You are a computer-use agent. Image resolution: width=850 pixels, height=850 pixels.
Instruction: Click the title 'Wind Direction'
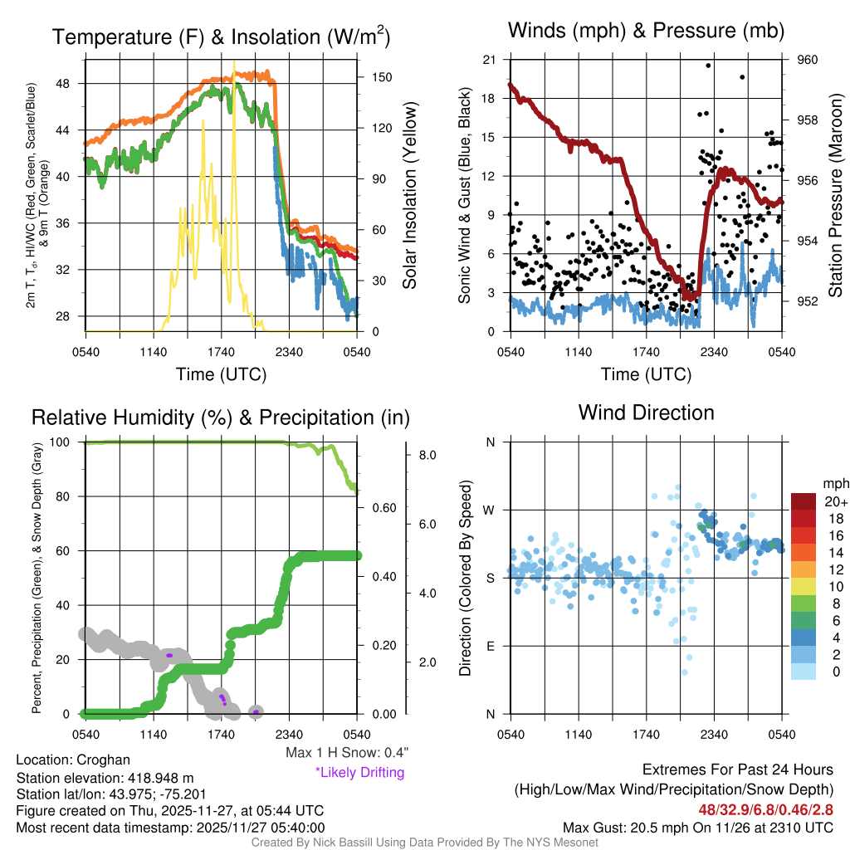(646, 413)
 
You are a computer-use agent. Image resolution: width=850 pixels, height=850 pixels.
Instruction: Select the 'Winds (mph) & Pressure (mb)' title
(646, 32)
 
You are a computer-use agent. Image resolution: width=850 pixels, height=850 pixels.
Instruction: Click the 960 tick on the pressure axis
(808, 60)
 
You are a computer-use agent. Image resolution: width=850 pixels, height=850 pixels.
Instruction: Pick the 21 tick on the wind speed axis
(489, 60)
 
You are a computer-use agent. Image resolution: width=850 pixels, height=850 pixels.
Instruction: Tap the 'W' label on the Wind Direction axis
(490, 510)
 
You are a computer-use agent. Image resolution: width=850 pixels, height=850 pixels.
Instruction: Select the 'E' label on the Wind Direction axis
(491, 645)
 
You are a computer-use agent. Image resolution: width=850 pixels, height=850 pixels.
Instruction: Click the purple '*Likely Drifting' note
(359, 773)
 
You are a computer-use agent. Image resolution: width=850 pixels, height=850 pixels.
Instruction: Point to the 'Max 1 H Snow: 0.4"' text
(347, 753)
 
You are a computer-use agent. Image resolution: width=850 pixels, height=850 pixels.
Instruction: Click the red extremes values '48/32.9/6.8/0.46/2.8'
(765, 808)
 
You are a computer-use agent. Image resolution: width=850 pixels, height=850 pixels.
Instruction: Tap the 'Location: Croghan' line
(73, 760)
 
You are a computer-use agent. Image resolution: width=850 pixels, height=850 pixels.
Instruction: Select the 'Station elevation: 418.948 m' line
(105, 778)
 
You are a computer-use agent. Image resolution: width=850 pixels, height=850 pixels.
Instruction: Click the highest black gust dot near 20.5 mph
(708, 65)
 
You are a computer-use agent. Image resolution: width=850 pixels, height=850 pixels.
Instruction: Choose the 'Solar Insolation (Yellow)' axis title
(409, 196)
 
